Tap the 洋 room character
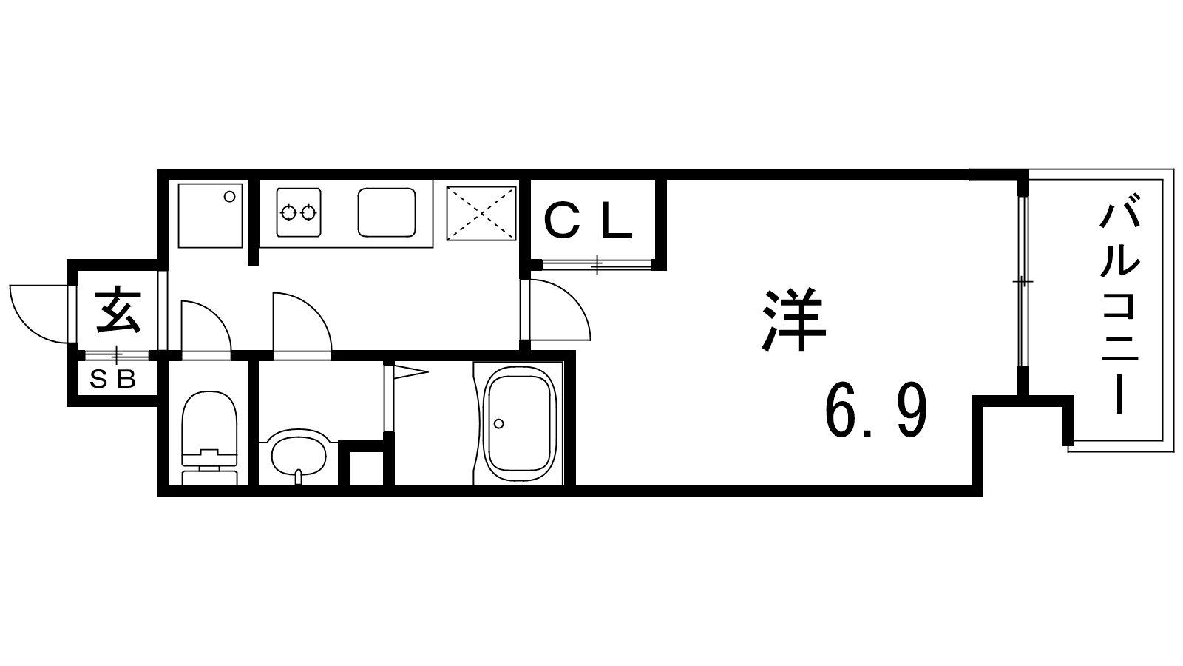point(793,320)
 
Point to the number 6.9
point(876,410)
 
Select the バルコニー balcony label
point(1119,304)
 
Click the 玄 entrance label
point(118,310)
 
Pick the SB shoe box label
point(113,378)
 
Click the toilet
point(209,437)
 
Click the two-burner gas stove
point(299,212)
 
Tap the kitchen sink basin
point(387,212)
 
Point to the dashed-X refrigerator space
point(481,213)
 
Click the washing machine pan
point(210,215)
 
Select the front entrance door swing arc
point(29,328)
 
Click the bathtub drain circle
point(498,423)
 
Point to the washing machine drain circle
point(229,197)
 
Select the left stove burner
point(288,213)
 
